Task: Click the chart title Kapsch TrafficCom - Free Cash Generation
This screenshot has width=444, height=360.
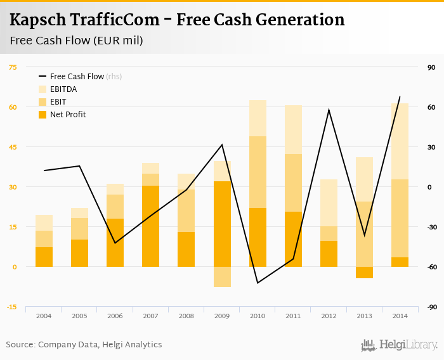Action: click(x=177, y=20)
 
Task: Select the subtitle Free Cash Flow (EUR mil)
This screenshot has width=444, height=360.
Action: click(x=76, y=41)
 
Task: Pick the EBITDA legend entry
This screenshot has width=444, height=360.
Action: click(x=63, y=89)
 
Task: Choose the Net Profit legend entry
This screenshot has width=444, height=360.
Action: click(x=68, y=115)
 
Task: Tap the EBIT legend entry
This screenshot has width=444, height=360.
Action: click(x=58, y=102)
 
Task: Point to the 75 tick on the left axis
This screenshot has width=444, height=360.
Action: click(x=13, y=67)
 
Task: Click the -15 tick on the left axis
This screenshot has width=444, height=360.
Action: click(x=12, y=307)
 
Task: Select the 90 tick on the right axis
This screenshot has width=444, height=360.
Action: click(x=431, y=67)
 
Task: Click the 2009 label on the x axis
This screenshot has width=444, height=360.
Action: click(x=222, y=315)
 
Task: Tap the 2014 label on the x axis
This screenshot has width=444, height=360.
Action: click(x=400, y=315)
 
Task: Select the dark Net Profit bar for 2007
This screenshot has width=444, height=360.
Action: click(x=150, y=226)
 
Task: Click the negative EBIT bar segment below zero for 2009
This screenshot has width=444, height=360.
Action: click(x=222, y=277)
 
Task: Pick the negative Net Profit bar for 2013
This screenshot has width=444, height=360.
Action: click(x=364, y=273)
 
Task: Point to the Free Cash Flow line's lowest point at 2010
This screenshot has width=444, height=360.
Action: click(x=258, y=283)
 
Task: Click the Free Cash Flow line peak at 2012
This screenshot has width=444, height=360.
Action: click(x=329, y=110)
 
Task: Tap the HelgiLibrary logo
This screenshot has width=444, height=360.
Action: click(x=399, y=345)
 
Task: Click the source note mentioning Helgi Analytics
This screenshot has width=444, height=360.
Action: click(x=84, y=345)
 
